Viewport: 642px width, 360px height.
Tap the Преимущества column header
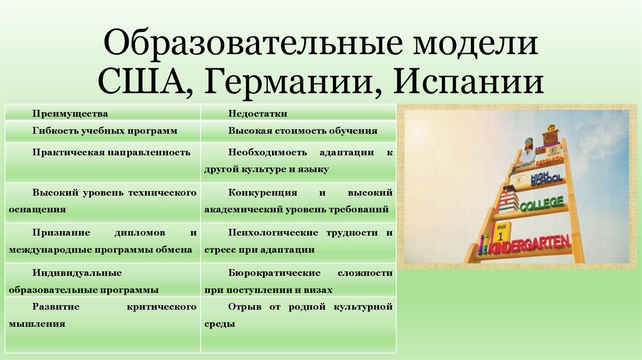tap(71, 114)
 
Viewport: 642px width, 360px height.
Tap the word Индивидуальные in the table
tap(77, 273)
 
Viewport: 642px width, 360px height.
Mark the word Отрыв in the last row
tap(243, 307)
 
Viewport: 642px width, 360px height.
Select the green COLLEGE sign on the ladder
tap(542, 204)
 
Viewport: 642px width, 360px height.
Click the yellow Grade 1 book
tap(501, 233)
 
